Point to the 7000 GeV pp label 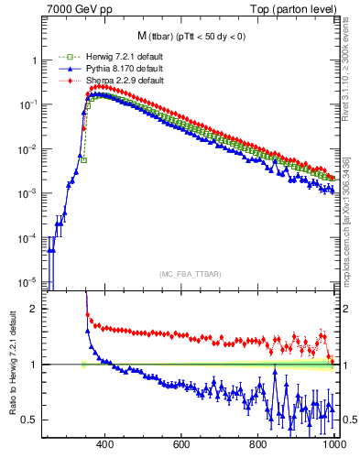tap(80, 9)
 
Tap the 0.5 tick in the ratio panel tap(32, 420)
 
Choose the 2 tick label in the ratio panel tap(36, 309)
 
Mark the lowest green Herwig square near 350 tap(83, 159)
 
